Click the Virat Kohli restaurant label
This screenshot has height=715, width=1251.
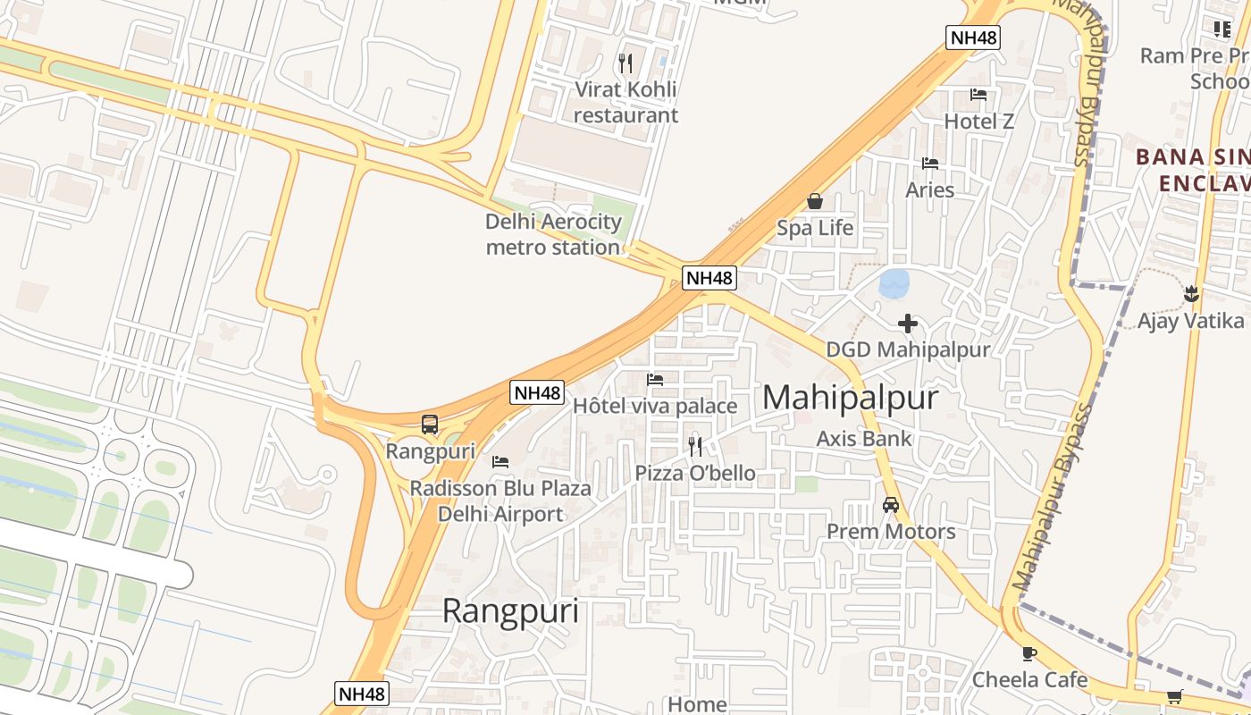pos(625,102)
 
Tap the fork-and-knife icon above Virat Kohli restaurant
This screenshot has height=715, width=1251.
pos(625,63)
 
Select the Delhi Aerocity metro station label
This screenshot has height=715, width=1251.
pos(553,234)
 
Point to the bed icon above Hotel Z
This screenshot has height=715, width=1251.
pos(978,95)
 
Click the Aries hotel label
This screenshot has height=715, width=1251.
pos(929,189)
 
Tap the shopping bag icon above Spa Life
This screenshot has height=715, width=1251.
pos(814,201)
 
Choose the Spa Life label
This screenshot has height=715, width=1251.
pos(815,228)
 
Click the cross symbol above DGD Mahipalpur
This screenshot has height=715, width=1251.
pos(908,323)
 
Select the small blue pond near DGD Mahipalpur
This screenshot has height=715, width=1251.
pos(894,283)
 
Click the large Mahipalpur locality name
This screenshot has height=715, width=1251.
pos(850,398)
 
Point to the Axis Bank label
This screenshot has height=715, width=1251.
pos(864,438)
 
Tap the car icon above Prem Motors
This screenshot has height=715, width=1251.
pos(890,505)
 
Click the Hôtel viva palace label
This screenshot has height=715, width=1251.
pos(655,406)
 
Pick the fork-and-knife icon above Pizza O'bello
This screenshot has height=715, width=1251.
pos(694,446)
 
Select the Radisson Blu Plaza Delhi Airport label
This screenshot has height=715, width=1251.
pos(500,500)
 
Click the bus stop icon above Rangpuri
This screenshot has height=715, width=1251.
pos(430,425)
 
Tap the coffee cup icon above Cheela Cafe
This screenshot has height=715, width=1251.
pos(1029,653)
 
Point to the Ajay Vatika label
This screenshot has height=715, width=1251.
pos(1190,321)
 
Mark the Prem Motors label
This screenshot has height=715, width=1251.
pos(891,532)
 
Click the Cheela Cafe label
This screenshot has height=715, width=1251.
pos(1029,679)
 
